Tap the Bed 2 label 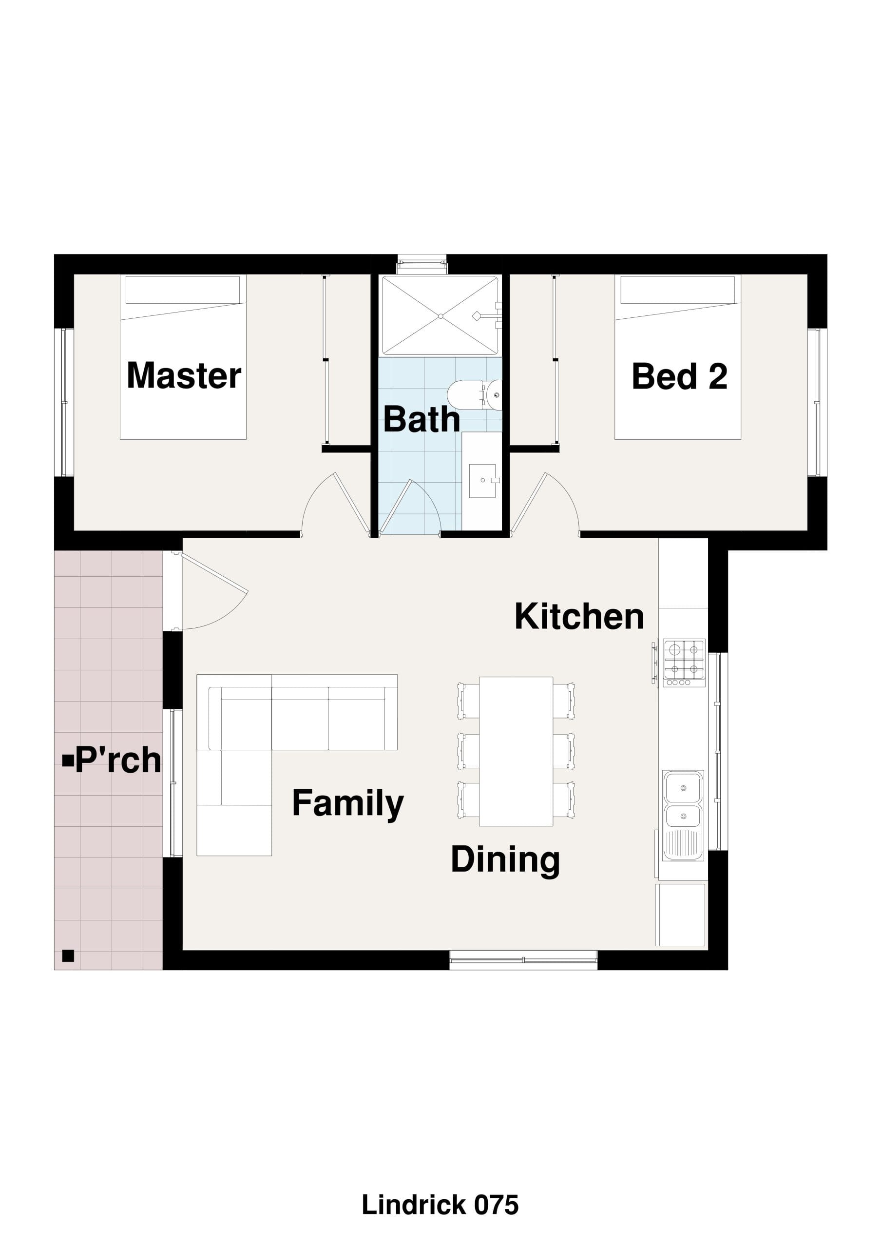[679, 376]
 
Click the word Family [348, 804]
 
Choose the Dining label [505, 861]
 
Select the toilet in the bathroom [475, 394]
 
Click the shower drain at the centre [441, 316]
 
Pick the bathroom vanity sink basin [482, 481]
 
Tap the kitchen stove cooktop [684, 663]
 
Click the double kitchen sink [683, 815]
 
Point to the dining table [516, 751]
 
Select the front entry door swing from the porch [215, 591]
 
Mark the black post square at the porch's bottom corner [68, 955]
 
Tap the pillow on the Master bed [183, 290]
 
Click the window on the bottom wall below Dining [523, 960]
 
